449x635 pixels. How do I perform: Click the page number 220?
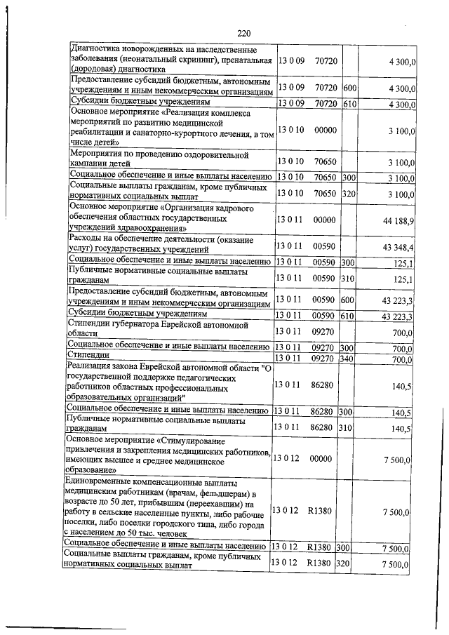(244, 34)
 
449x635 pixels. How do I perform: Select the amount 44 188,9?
(398, 220)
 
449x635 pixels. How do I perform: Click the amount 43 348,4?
(398, 247)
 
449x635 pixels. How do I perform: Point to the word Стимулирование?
(201, 441)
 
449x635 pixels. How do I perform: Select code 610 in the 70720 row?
(349, 105)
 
